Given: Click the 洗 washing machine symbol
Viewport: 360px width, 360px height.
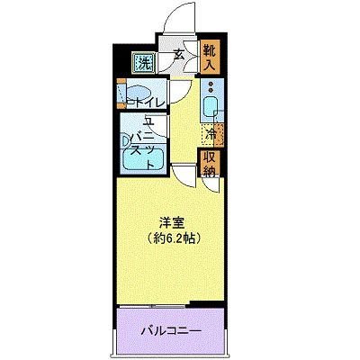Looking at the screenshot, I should pos(144,63).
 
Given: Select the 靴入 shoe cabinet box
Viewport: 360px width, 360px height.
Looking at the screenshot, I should pos(209,57).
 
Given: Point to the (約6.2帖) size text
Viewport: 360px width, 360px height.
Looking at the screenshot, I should pos(173,238).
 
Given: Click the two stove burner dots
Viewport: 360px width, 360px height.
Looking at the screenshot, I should pos(211,90).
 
